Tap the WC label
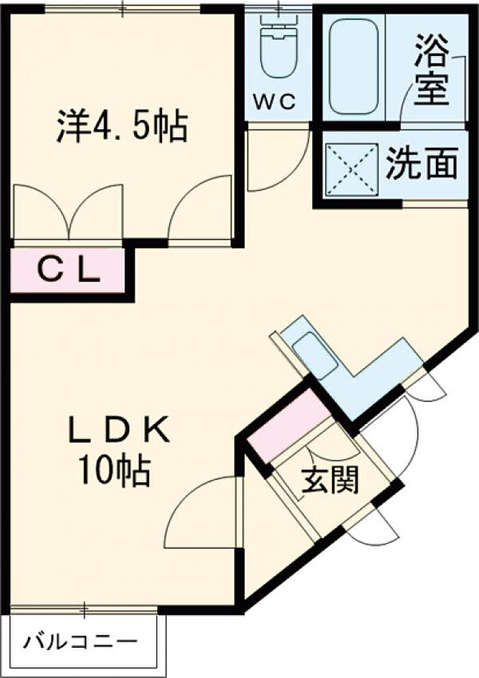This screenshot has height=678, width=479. tap(274, 102)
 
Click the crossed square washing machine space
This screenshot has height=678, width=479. tap(352, 170)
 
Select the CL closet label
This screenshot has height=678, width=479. tap(69, 272)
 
